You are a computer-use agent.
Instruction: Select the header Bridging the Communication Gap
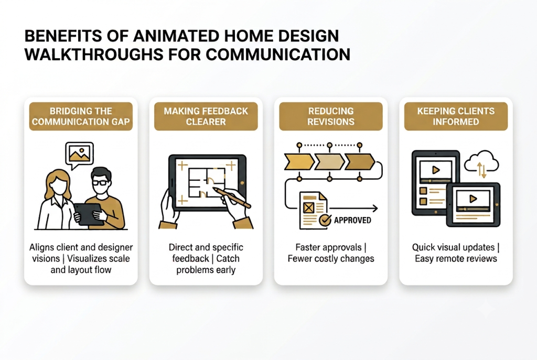81,116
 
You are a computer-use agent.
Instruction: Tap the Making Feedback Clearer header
206,116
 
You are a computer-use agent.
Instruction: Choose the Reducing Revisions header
331,116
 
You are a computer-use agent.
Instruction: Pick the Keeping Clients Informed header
456,116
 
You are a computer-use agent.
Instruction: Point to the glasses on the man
100,182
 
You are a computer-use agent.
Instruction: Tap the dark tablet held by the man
88,214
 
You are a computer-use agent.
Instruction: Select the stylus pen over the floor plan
232,198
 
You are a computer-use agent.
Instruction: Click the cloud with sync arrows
481,162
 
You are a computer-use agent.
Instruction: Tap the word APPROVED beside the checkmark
352,220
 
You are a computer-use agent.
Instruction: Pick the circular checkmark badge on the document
325,221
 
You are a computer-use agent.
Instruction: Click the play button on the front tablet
473,199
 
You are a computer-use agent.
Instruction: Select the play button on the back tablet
436,170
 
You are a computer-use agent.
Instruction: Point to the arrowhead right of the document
375,208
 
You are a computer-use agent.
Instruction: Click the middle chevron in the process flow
329,162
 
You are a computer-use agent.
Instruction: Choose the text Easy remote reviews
456,258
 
